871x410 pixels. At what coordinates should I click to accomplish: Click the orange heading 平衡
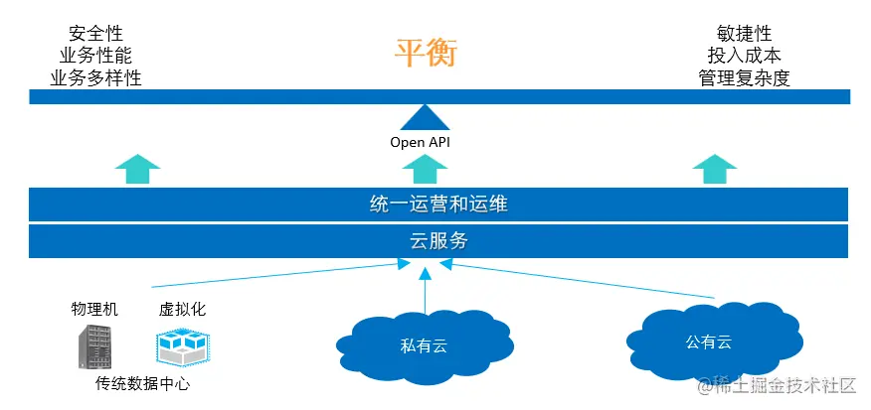[x=425, y=53]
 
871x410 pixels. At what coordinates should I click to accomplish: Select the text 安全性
[x=95, y=33]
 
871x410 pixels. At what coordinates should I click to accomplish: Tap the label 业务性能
[x=95, y=56]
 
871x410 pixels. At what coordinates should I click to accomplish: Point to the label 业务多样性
[x=95, y=77]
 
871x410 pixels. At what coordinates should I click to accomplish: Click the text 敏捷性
[x=744, y=33]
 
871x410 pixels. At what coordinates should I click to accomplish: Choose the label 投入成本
[x=744, y=56]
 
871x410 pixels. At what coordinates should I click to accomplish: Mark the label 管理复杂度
[x=744, y=77]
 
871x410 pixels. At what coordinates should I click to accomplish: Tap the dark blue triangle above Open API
[x=425, y=119]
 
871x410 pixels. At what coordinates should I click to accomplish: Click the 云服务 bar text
[x=438, y=240]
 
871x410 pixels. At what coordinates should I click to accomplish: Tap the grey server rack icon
[x=95, y=346]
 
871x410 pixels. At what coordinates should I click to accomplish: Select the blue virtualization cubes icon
[x=181, y=346]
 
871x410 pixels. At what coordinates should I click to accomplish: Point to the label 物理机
[x=94, y=309]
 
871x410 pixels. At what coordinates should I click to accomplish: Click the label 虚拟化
[x=182, y=309]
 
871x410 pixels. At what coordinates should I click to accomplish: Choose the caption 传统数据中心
[x=142, y=383]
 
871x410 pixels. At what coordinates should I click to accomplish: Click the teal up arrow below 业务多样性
[x=137, y=169]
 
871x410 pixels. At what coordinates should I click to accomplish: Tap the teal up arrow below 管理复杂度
[x=714, y=169]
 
